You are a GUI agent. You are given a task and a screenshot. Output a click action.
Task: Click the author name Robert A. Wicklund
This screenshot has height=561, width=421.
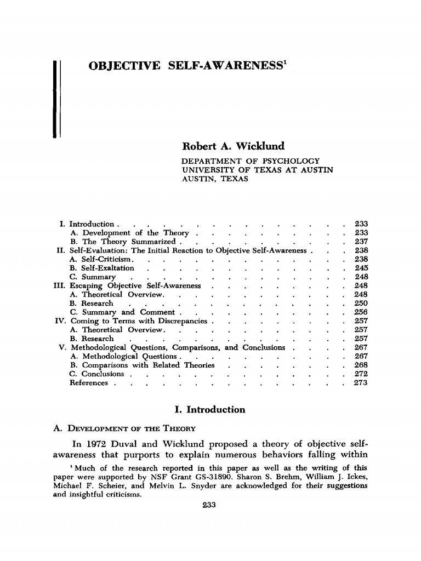[x=233, y=147]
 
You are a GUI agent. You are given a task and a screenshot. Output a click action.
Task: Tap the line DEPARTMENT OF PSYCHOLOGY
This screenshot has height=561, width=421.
[x=251, y=161]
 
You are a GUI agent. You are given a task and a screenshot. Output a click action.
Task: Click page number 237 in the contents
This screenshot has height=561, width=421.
[x=361, y=242]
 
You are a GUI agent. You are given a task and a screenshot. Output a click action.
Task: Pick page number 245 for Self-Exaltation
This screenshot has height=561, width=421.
[x=361, y=268]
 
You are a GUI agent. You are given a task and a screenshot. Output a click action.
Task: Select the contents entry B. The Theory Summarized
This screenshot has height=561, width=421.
[x=122, y=242]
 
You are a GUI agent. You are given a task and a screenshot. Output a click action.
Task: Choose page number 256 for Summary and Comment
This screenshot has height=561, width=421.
[x=361, y=312]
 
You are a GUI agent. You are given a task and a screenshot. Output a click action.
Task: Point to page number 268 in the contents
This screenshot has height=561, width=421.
[x=361, y=365]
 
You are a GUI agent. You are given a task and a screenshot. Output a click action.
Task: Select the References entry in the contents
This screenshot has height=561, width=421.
[x=89, y=383]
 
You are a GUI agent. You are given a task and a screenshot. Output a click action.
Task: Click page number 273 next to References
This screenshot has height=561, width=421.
[x=361, y=383]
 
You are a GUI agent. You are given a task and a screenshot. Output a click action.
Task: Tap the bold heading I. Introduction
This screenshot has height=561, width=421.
[x=210, y=410]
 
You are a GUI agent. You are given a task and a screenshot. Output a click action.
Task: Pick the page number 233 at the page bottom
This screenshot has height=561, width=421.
[x=210, y=505]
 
